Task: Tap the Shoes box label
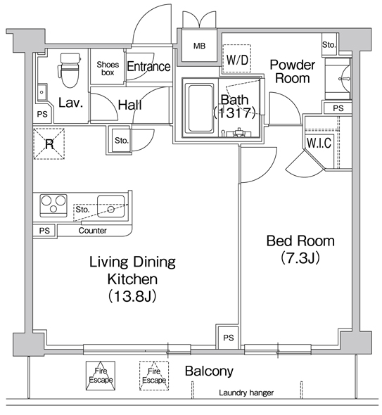(x=108, y=68)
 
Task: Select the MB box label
(x=199, y=46)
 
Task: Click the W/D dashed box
(x=236, y=58)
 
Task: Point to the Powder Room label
(x=292, y=72)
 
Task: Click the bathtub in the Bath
(x=200, y=108)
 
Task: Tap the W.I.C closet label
(x=319, y=143)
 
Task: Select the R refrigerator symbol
(x=49, y=143)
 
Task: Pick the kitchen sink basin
(x=110, y=206)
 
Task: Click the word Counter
(x=92, y=231)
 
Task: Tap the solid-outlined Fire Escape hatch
(x=101, y=376)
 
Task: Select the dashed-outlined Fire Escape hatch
(x=154, y=376)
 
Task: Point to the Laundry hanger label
(x=246, y=392)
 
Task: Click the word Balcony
(x=209, y=371)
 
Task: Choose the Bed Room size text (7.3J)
(x=300, y=257)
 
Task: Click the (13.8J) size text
(x=132, y=296)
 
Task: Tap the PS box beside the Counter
(x=44, y=231)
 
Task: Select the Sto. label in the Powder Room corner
(x=329, y=45)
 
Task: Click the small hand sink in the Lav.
(x=42, y=92)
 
